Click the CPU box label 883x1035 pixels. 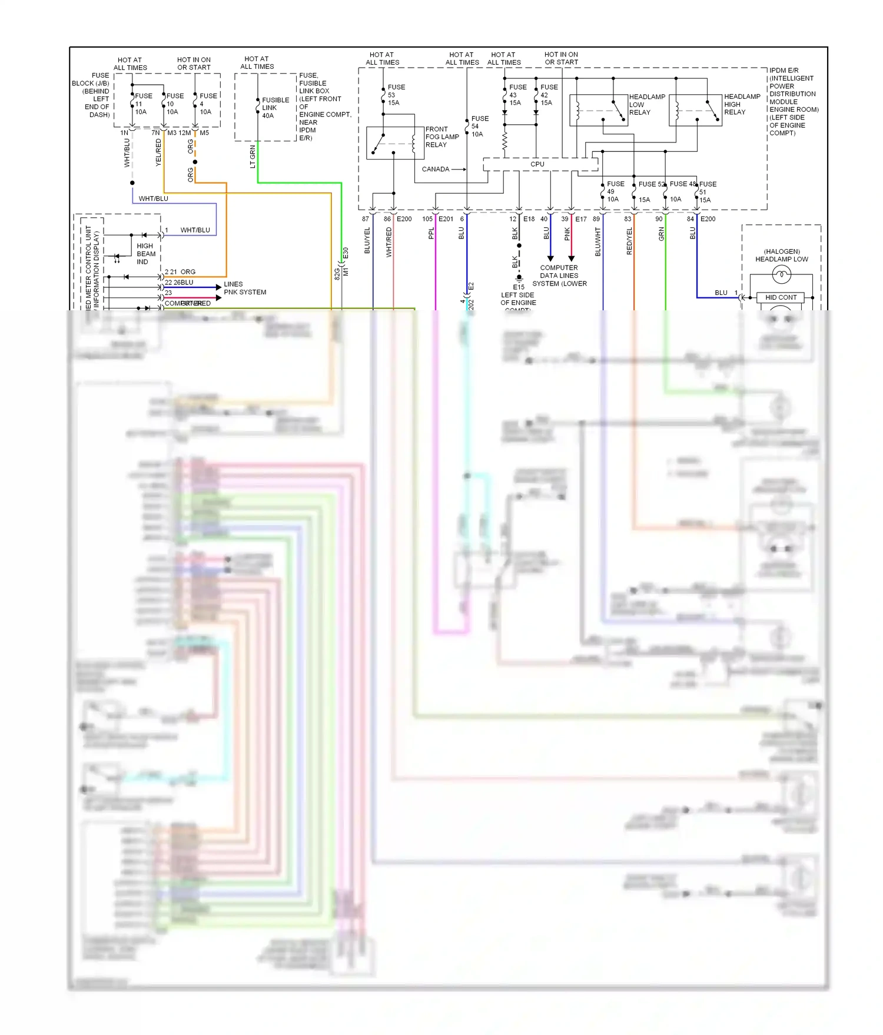(x=537, y=164)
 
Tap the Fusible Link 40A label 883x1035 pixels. (x=275, y=108)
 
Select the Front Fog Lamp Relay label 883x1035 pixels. (x=441, y=137)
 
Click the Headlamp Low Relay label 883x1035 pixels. (x=646, y=105)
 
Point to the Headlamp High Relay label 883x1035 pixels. (x=742, y=104)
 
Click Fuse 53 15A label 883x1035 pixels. (x=396, y=95)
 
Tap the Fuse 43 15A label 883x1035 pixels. (x=517, y=95)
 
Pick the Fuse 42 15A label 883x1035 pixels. (x=549, y=95)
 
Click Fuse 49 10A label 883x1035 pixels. (x=615, y=191)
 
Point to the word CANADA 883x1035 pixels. (x=436, y=170)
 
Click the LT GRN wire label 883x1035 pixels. (x=253, y=157)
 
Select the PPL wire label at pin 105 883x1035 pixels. (x=431, y=234)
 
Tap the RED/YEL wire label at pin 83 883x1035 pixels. (x=629, y=241)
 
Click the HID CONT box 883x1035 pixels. (x=781, y=298)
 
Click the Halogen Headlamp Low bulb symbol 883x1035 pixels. (x=781, y=274)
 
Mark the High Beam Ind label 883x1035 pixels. (x=145, y=254)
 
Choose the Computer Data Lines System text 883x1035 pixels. (x=559, y=276)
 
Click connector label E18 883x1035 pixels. (x=529, y=219)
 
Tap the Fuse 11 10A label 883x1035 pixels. (x=142, y=104)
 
